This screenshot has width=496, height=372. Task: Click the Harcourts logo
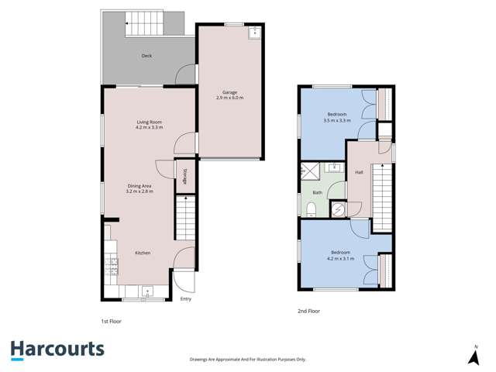click(57, 350)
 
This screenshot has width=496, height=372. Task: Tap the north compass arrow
click(473, 356)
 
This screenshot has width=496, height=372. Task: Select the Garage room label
click(229, 92)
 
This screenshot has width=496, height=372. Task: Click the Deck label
click(146, 56)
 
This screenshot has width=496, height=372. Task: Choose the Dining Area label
click(140, 185)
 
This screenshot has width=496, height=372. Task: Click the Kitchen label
click(143, 253)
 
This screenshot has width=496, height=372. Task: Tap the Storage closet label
click(184, 175)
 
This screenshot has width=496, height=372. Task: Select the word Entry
click(185, 299)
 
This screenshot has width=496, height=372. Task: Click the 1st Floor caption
click(111, 321)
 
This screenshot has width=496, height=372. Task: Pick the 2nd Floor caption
click(309, 311)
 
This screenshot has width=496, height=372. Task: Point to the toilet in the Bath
click(310, 207)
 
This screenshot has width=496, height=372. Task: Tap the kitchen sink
click(146, 292)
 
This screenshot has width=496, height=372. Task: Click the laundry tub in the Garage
click(253, 33)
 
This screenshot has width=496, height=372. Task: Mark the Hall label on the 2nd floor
click(360, 172)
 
